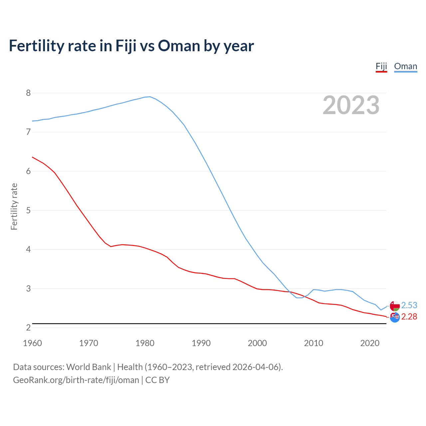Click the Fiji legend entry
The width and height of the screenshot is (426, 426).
coord(381,66)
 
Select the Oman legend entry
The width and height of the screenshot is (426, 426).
coord(405,66)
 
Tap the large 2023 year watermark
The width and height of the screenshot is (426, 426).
coord(351,105)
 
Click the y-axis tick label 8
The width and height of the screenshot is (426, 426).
coord(28,93)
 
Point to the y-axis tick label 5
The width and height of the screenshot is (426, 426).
coord(28,210)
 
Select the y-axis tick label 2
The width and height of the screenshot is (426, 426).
coord(28,328)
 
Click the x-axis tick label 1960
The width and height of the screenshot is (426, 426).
coord(32,343)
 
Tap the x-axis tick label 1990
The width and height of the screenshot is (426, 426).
coord(201,343)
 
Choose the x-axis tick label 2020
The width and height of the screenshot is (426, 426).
coord(370,343)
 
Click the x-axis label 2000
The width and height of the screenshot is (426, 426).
coord(257,343)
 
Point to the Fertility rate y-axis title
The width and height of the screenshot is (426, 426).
coord(14,206)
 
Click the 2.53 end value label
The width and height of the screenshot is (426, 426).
coord(409,305)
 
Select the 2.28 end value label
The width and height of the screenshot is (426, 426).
coord(409,317)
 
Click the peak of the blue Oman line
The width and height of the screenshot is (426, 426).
coord(150,97)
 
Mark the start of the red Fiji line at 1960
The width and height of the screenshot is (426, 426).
coord(32,157)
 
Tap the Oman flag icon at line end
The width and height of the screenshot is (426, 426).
coord(395,306)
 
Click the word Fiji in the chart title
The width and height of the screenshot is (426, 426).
coord(126,46)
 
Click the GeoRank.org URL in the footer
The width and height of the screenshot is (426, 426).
coord(76,380)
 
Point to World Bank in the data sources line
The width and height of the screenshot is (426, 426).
coord(89,367)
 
